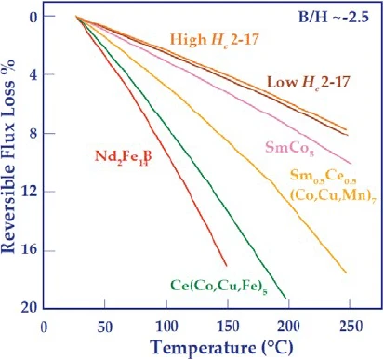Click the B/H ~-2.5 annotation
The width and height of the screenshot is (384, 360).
334,17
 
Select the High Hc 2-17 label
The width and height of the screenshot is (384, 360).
215,40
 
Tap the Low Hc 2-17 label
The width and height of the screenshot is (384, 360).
309,82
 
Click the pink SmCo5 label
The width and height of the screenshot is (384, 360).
289,148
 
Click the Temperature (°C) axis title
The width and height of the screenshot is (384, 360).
221,347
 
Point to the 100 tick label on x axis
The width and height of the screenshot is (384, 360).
166,327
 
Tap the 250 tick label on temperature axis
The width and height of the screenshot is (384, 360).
351,327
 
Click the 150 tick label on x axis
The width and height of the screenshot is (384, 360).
228,327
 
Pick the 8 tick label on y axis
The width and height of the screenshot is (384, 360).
33,133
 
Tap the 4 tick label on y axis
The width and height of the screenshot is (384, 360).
33,74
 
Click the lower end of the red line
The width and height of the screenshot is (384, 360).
227,266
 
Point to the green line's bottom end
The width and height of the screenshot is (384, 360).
285,298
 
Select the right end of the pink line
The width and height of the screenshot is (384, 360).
351,164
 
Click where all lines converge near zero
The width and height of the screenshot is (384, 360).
76,17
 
